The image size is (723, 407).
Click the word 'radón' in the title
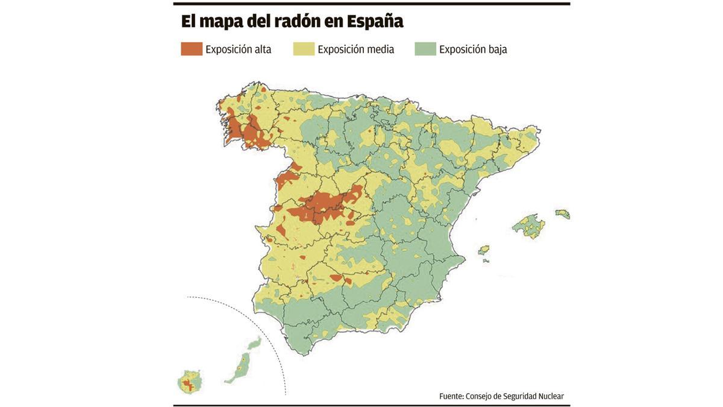pyautogui.click(x=297, y=21)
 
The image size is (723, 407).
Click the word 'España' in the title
pyautogui.click(x=375, y=22)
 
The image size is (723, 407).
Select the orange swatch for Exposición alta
pyautogui.click(x=192, y=49)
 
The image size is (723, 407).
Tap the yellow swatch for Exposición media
pyautogui.click(x=304, y=49)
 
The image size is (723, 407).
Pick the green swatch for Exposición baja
pyautogui.click(x=425, y=49)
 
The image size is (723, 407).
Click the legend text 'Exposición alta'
pyautogui.click(x=239, y=49)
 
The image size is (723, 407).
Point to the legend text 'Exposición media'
pyautogui.click(x=356, y=49)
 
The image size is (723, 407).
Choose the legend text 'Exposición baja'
pyautogui.click(x=473, y=49)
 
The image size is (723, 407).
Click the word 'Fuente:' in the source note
pyautogui.click(x=451, y=396)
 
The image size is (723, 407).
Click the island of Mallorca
pyautogui.click(x=529, y=226)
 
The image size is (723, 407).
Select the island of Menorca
pyautogui.click(x=563, y=213)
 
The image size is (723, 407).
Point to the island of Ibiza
pyautogui.click(x=484, y=250)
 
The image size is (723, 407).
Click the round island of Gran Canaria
pyautogui.click(x=190, y=382)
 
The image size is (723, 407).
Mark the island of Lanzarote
pyautogui.click(x=255, y=343)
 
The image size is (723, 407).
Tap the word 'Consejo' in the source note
pyautogui.click(x=478, y=396)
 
